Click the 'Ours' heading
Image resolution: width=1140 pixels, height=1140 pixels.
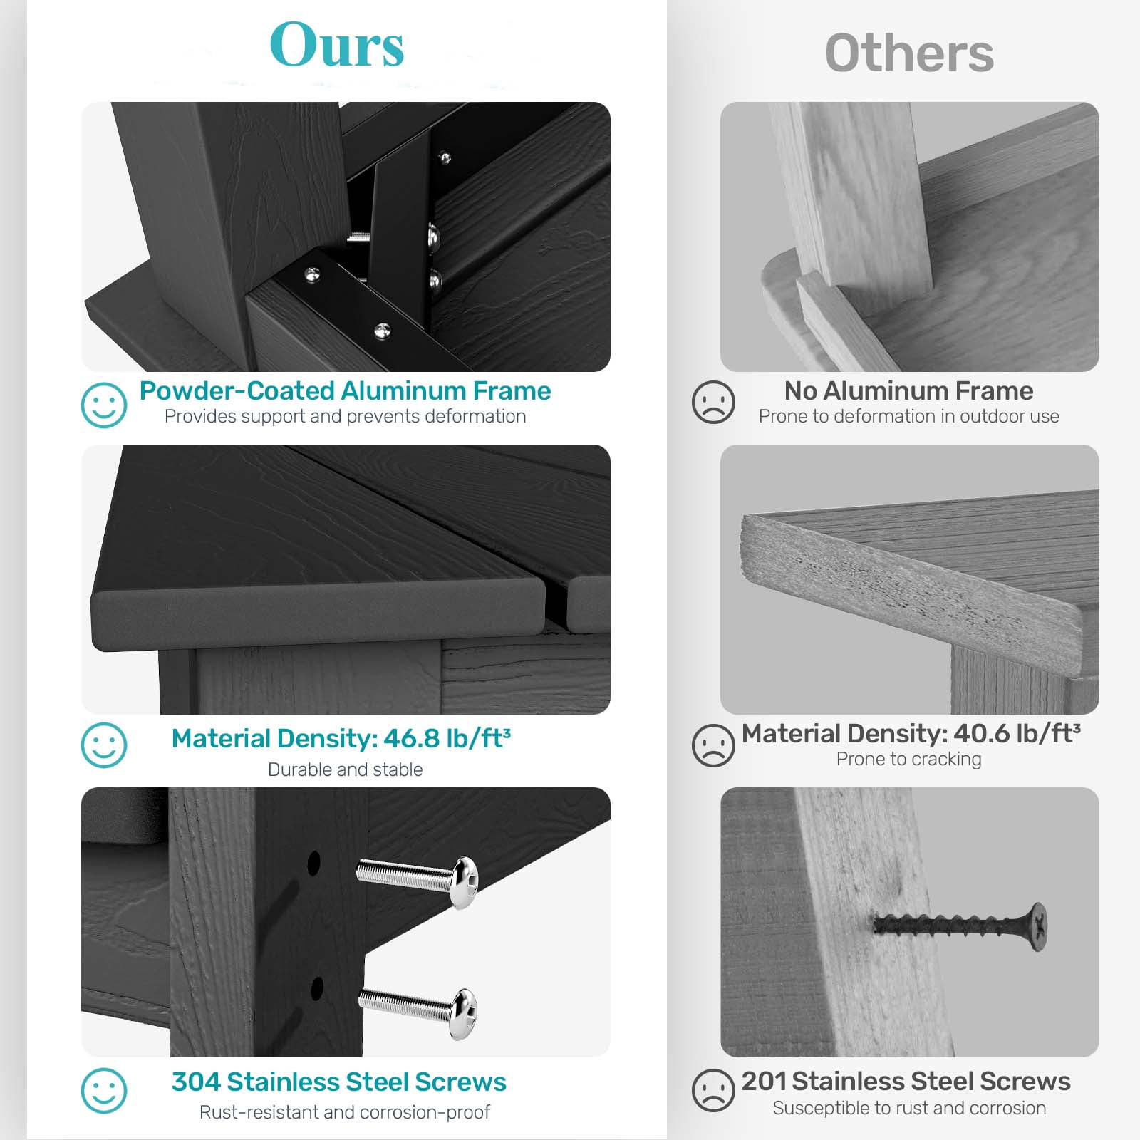337,45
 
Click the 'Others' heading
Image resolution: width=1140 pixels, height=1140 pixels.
909,53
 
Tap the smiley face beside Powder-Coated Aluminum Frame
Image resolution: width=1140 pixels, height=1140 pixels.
104,405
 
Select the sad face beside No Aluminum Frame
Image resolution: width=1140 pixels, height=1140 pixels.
713,403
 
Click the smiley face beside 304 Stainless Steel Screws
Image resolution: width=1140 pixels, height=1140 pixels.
104,1090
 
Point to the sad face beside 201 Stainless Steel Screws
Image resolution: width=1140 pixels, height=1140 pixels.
713,1089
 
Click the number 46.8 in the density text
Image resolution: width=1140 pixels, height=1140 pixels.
412,739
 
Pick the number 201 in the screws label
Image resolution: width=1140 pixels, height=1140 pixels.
763,1081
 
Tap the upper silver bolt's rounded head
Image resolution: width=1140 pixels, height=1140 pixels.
465,883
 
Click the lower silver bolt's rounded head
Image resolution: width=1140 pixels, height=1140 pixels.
464,1014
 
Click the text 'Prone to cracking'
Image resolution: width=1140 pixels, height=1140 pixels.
909,760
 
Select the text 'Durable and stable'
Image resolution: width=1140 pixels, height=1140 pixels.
346,769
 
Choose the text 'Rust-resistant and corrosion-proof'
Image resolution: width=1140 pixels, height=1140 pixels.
345,1112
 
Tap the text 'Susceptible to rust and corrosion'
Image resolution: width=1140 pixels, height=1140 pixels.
909,1108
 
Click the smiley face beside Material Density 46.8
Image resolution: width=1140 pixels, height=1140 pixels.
104,745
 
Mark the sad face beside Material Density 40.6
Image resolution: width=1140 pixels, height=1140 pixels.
713,745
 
